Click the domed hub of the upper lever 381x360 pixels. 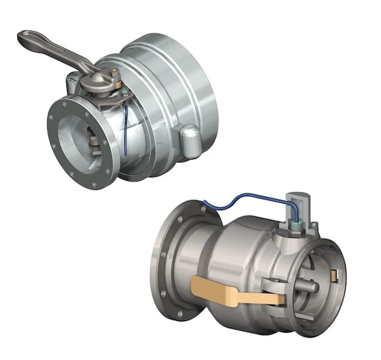(x=97, y=80)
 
